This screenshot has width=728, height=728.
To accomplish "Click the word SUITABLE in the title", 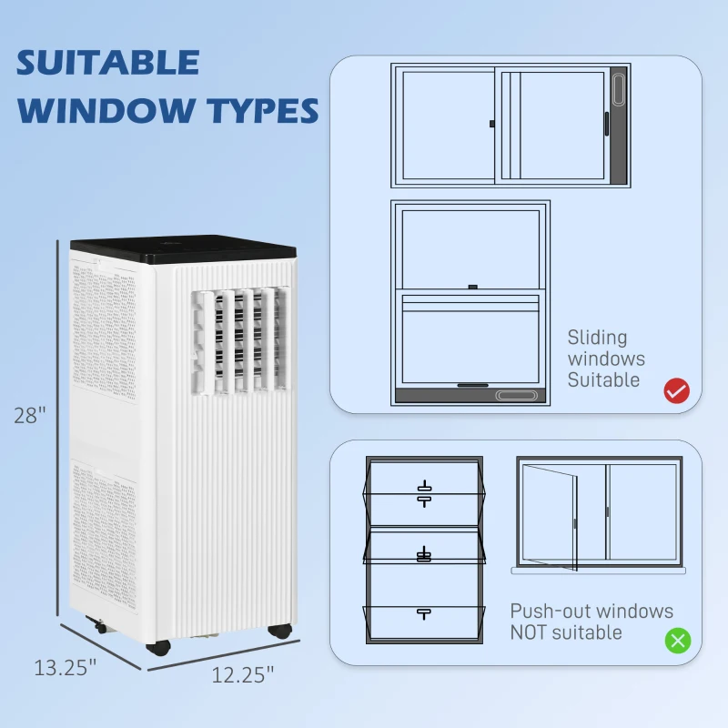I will click(108, 63).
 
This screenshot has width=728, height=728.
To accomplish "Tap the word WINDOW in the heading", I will click(106, 110).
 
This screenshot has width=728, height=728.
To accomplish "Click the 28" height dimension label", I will click(29, 415).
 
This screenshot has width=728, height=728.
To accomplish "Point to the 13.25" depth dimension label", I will click(66, 667).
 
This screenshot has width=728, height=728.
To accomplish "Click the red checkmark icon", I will click(677, 391).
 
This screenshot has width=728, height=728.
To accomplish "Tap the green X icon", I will click(677, 640).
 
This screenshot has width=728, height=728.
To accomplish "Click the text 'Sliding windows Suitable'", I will click(605, 359).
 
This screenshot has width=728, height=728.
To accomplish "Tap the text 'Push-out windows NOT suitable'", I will click(591, 622).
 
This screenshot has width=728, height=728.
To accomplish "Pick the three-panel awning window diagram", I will click(423, 550).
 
